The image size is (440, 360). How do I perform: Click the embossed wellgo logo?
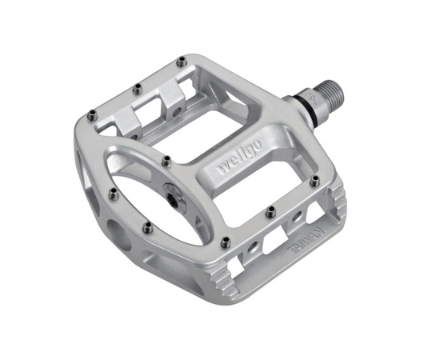tap(240, 157)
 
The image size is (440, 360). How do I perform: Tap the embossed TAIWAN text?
tap(307, 240)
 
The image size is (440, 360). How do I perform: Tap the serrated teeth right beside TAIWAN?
tap(338, 202)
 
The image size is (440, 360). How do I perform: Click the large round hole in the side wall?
tap(118, 235)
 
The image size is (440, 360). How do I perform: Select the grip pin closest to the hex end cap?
tap(167, 162)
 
